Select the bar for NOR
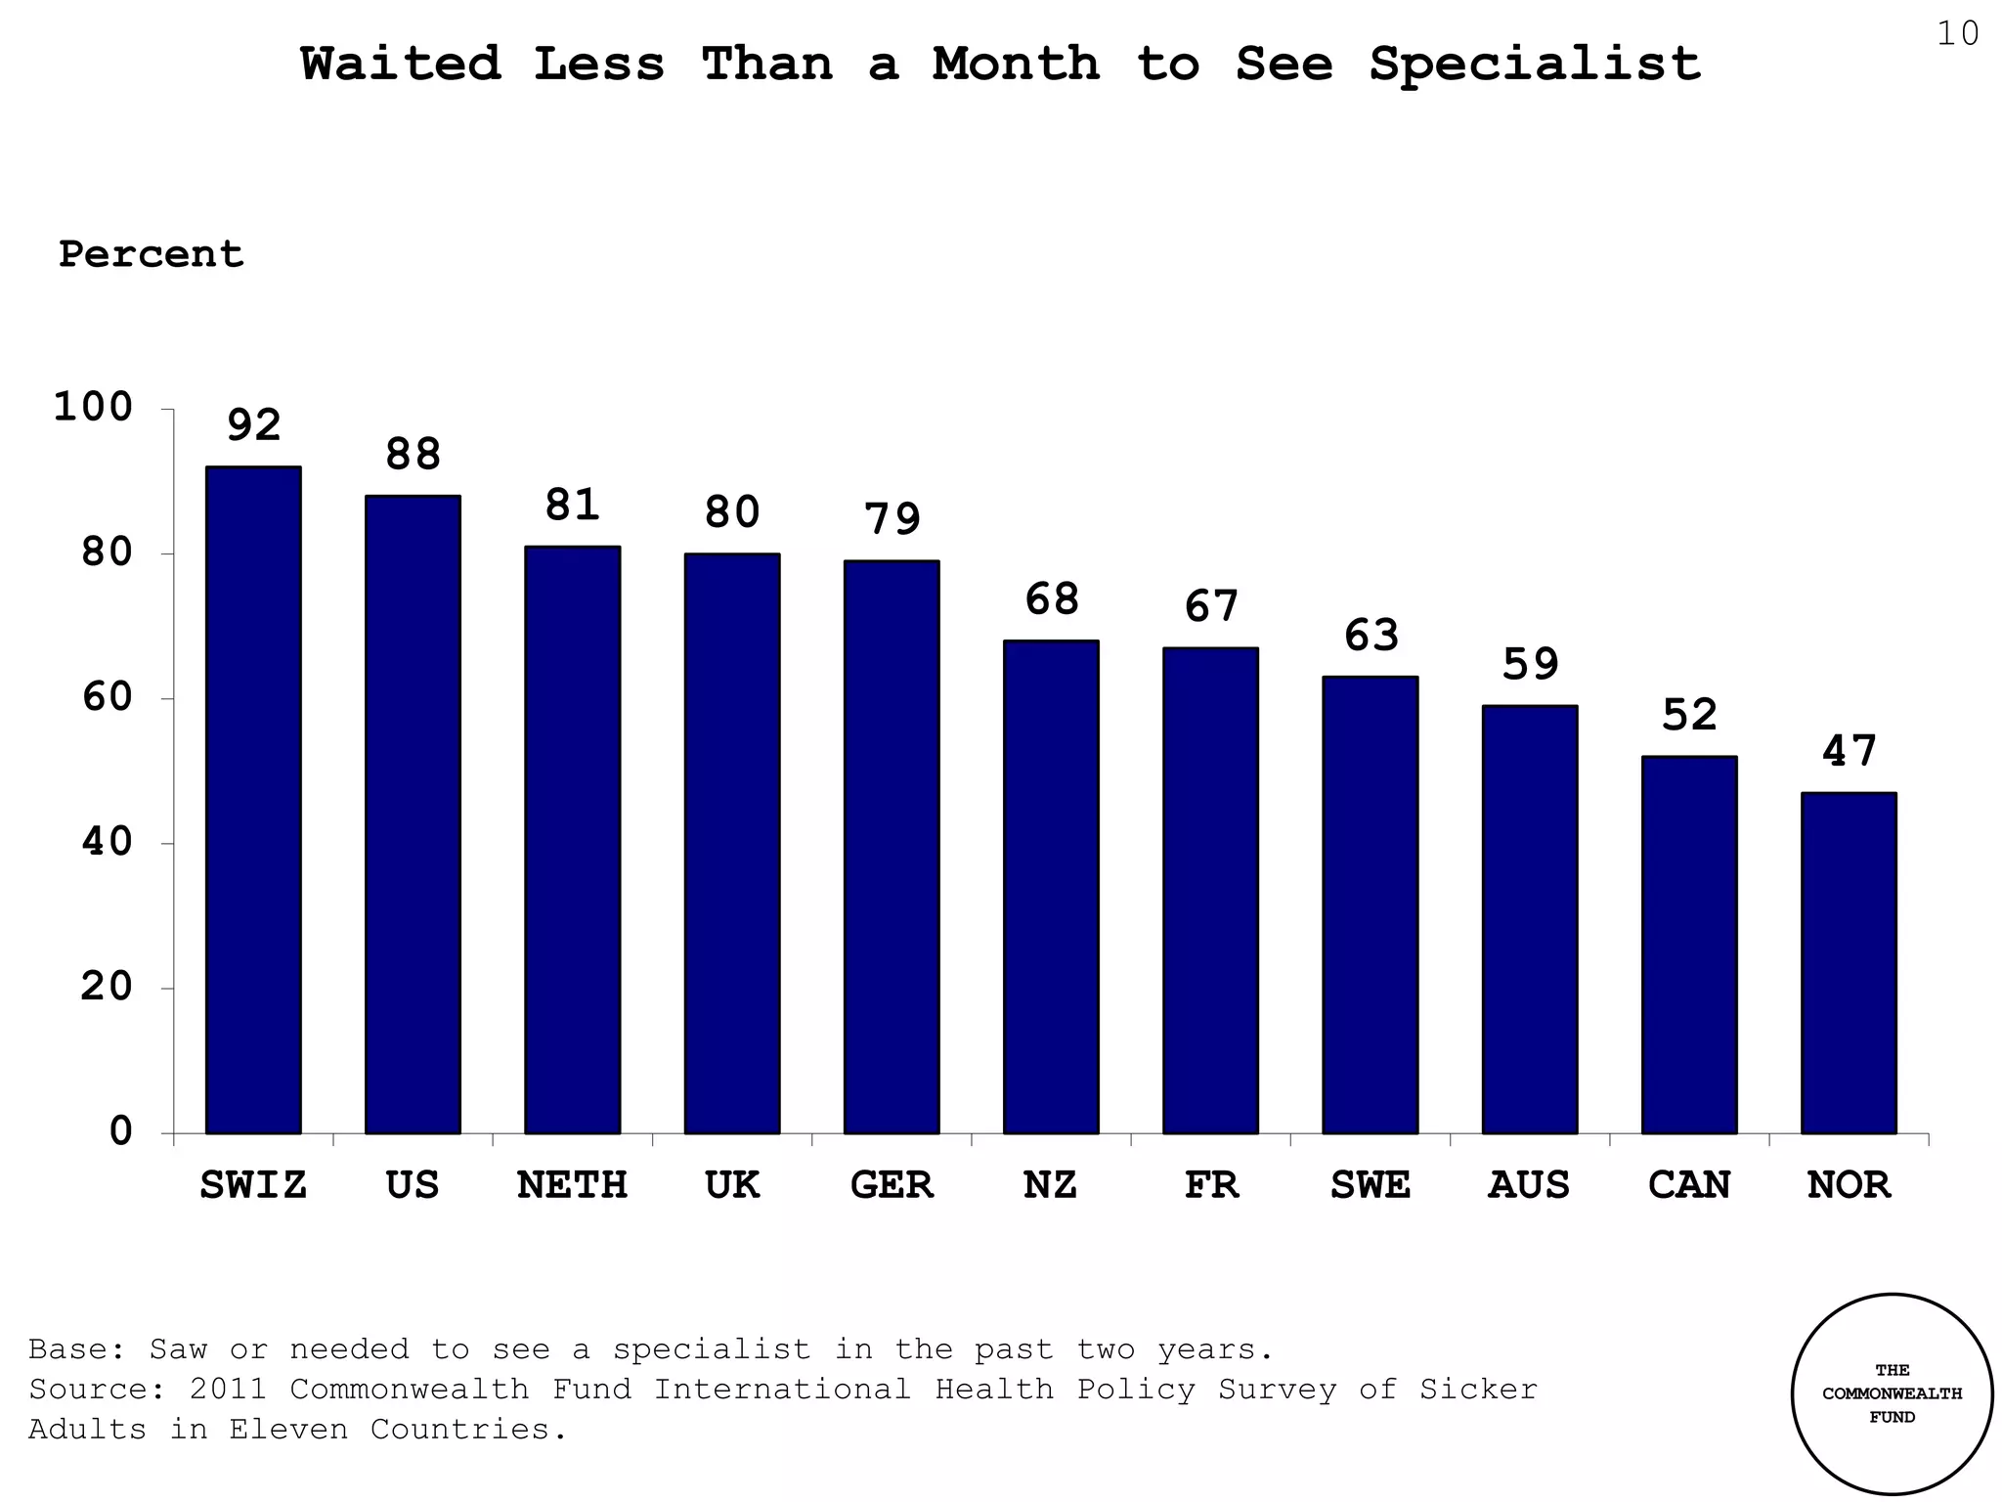[x=1849, y=963]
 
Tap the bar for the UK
[x=732, y=843]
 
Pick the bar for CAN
[x=1689, y=945]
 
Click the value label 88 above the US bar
[x=413, y=455]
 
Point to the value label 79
[x=892, y=519]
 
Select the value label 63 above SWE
[x=1371, y=636]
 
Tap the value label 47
[x=1849, y=752]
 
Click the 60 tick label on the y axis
[x=107, y=698]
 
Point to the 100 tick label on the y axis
[x=93, y=408]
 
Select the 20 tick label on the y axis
[x=107, y=987]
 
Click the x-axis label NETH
[x=572, y=1185]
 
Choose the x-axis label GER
[x=892, y=1185]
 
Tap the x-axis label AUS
[x=1529, y=1185]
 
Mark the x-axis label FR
[x=1211, y=1185]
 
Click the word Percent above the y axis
[x=151, y=254]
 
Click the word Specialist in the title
[x=1535, y=65]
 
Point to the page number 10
[x=1957, y=34]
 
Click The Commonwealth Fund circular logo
[x=1892, y=1393]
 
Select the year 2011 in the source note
[x=228, y=1390]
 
